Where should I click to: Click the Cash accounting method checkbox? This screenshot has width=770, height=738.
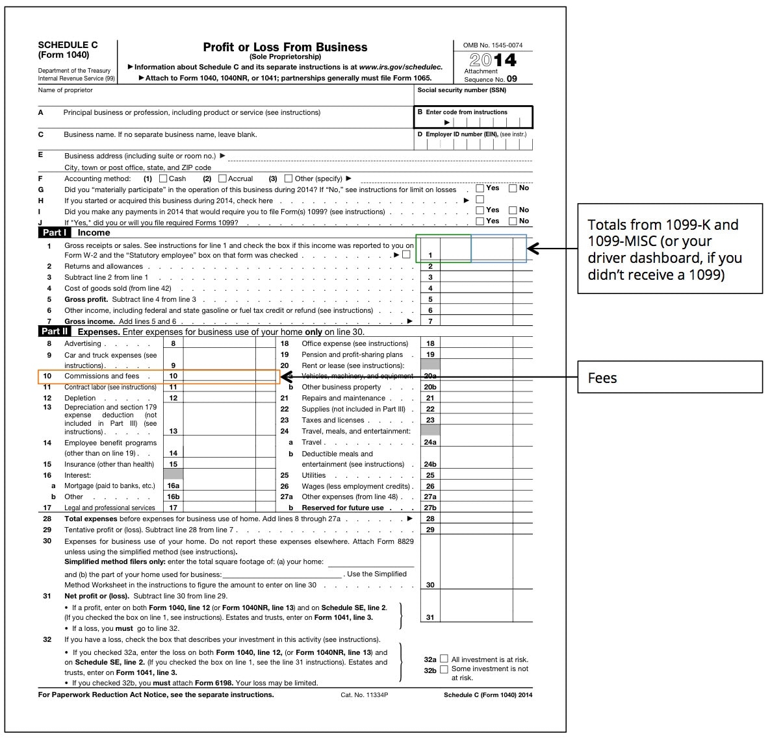click(x=163, y=178)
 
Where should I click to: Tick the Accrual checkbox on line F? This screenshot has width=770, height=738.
click(x=222, y=178)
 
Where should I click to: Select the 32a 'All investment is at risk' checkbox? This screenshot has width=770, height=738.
click(x=444, y=659)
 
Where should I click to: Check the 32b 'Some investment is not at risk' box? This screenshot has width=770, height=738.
click(x=444, y=669)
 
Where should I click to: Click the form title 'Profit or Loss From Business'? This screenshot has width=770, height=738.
click(x=285, y=47)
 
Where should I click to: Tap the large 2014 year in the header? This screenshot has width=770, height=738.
click(x=493, y=60)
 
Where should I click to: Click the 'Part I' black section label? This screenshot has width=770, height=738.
click(x=54, y=232)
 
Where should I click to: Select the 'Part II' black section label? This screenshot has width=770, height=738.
click(x=55, y=332)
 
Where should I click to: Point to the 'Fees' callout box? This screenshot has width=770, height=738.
click(x=670, y=377)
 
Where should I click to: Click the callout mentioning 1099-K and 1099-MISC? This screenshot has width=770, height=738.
click(x=670, y=249)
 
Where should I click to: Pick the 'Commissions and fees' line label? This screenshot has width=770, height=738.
click(x=101, y=376)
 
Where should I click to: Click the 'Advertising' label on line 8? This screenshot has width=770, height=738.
click(x=83, y=344)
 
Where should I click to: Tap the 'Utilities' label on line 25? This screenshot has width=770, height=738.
click(x=313, y=476)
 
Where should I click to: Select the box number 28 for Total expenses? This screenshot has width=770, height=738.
click(x=430, y=519)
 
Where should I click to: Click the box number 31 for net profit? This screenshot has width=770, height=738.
click(x=430, y=618)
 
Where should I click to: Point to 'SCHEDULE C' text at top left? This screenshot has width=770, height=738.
click(x=68, y=45)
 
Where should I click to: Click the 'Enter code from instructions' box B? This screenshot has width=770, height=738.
click(x=473, y=117)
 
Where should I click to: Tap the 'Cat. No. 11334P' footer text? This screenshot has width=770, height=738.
click(x=364, y=695)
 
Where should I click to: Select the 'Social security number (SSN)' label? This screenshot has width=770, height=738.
click(x=461, y=90)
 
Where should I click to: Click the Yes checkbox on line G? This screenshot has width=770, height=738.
click(x=480, y=189)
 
